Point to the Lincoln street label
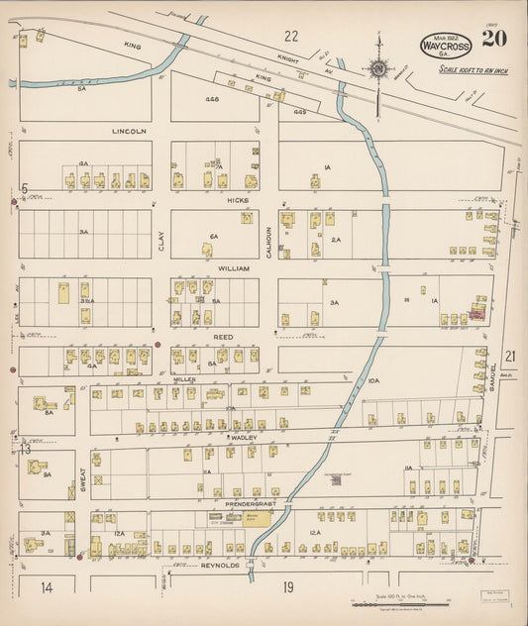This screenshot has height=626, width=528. pyautogui.click(x=129, y=131)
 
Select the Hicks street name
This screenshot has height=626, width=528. pyautogui.click(x=237, y=200)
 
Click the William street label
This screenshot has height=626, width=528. pyautogui.click(x=234, y=268)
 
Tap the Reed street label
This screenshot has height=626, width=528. pyautogui.click(x=224, y=337)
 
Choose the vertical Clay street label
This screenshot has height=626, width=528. pyautogui.click(x=161, y=240)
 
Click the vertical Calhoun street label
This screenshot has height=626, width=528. pyautogui.click(x=267, y=239)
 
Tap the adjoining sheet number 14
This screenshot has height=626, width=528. pyautogui.click(x=46, y=587)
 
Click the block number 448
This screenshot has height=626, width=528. pyautogui.click(x=212, y=99)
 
